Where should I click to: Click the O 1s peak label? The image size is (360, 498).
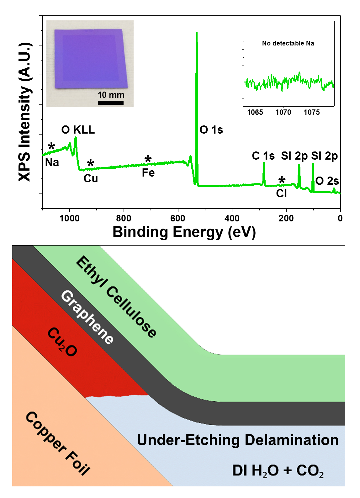pos(211,130)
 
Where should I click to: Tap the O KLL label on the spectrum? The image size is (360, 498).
pos(78,130)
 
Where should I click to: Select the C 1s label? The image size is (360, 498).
pos(263,156)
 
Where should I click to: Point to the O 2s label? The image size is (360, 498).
pos(327,181)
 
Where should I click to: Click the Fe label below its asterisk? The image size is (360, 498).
pos(148,173)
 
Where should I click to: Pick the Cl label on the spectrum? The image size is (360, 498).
pos(281,193)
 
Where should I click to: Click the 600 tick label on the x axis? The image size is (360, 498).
pos(178,218)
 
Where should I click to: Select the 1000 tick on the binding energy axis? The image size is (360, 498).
pos(69,218)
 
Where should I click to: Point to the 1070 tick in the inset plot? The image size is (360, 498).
pos(283,112)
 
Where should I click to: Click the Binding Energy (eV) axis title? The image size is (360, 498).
pos(184,232)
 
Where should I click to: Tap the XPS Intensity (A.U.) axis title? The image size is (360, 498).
pos(25,112)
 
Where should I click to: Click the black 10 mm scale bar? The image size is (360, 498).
pos(111,103)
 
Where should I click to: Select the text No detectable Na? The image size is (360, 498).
pos(288,43)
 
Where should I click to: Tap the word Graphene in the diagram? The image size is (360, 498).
pos(87,317)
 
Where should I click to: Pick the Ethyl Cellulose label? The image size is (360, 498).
pos(116,297)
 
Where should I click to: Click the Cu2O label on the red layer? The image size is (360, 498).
pos(62,342)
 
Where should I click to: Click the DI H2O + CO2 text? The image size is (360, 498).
pos(278,471)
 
